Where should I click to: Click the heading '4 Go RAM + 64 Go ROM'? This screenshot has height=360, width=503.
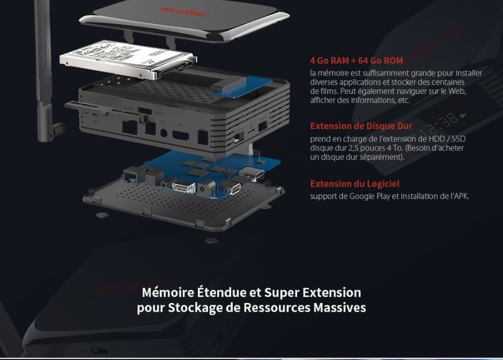[356, 61]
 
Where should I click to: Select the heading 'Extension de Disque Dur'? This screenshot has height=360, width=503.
[361, 126]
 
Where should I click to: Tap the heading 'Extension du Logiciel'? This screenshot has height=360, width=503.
[355, 183]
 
